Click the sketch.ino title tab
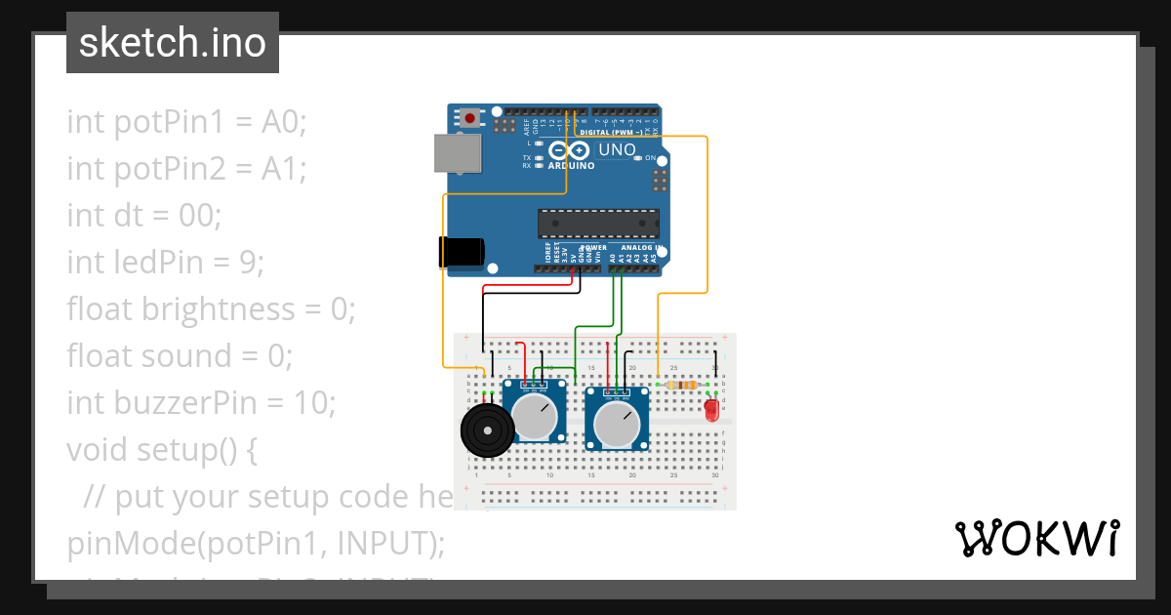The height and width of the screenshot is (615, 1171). (x=172, y=43)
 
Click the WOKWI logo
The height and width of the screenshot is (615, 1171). (x=1036, y=538)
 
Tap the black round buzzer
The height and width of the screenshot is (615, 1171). (x=485, y=430)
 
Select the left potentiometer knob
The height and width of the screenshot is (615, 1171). (x=534, y=417)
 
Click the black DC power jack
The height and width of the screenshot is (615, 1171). (x=460, y=252)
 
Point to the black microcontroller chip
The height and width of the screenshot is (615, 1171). (x=597, y=223)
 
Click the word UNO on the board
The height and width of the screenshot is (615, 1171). (x=616, y=150)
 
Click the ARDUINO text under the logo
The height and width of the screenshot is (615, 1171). (x=571, y=166)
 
